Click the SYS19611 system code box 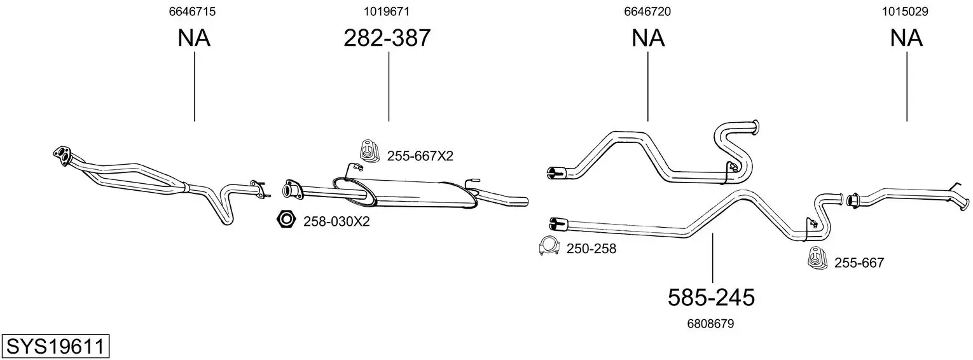point(55,346)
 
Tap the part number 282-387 point(387,38)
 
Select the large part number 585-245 point(711,298)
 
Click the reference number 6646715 point(192,11)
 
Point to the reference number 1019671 point(387,11)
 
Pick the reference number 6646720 point(647,11)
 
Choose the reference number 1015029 point(905,11)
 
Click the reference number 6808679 point(710,324)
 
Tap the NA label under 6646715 point(194,38)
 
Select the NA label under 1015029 point(906,38)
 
